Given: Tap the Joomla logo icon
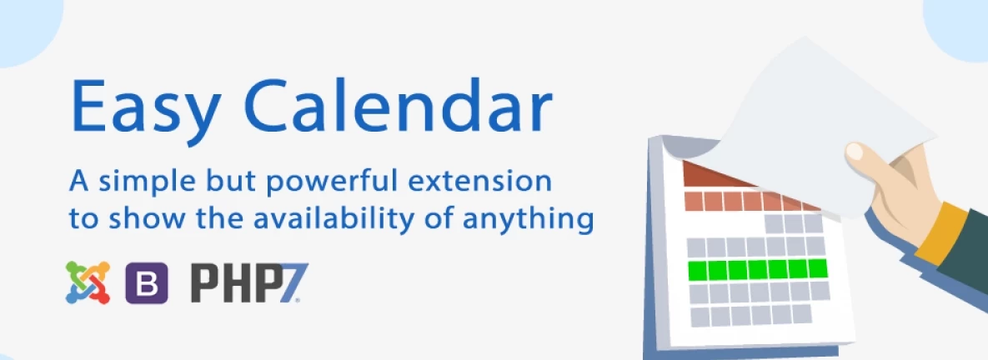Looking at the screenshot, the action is [88, 282].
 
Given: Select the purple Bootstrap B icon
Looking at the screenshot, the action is [147, 283].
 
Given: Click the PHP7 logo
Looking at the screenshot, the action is [249, 283].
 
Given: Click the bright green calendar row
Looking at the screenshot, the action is [757, 269].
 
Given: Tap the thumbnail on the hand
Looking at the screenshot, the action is [855, 151].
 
